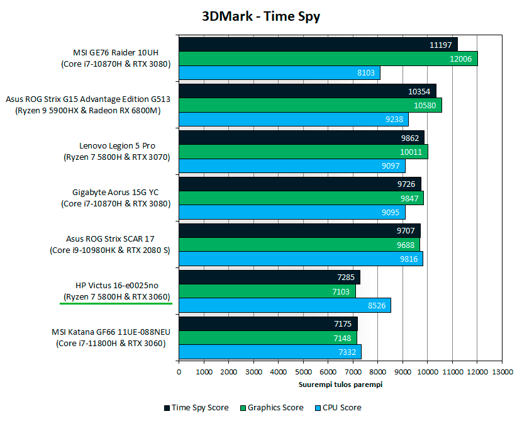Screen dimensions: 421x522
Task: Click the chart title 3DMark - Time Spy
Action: (261, 16)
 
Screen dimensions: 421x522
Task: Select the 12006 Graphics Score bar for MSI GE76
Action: (327, 59)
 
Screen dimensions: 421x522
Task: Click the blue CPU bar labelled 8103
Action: (279, 73)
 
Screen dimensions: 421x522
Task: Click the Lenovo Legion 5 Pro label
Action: (117, 146)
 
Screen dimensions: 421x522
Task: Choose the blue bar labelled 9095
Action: (292, 213)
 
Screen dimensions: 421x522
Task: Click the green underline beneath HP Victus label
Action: (116, 303)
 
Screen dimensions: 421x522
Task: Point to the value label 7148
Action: (343, 338)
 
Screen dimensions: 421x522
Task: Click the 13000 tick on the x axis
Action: (501, 371)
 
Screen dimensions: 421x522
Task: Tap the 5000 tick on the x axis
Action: (303, 371)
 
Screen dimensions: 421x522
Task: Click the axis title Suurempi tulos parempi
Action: (340, 384)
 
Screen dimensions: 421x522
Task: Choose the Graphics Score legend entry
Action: (274, 407)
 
